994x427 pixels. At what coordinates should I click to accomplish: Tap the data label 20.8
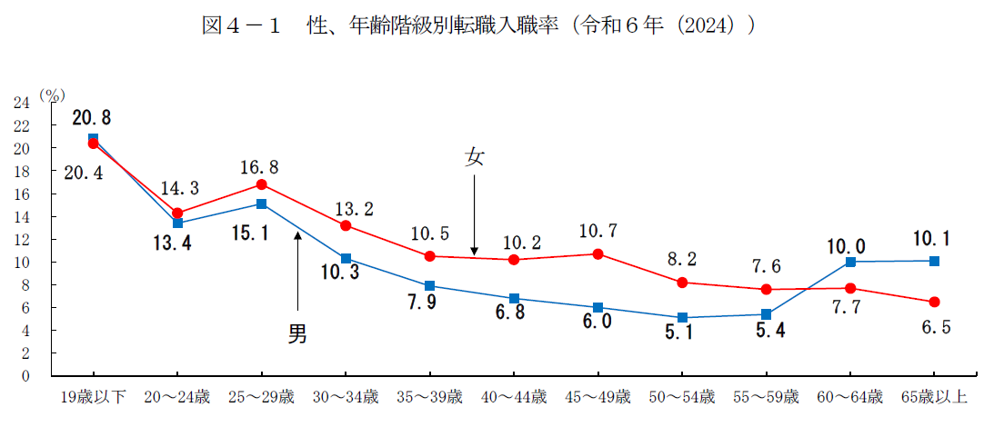click(x=94, y=118)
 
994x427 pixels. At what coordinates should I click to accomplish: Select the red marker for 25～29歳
click(x=262, y=184)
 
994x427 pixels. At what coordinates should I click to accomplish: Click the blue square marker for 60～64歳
click(x=850, y=262)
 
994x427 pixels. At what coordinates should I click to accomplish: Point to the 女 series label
click(x=474, y=157)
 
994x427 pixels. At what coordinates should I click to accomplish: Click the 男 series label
click(x=297, y=334)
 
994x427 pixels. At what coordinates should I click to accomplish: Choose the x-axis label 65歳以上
click(x=935, y=397)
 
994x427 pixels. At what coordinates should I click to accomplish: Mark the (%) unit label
click(x=53, y=93)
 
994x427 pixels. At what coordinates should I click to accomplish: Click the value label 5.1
click(x=682, y=336)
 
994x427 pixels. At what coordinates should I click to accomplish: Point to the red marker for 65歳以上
click(x=935, y=302)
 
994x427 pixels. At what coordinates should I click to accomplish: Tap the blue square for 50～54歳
click(x=682, y=318)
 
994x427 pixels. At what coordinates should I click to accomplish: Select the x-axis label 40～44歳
click(x=514, y=397)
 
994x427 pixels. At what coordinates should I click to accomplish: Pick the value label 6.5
click(x=934, y=329)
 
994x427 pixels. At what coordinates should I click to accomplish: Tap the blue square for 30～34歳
click(x=346, y=259)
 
